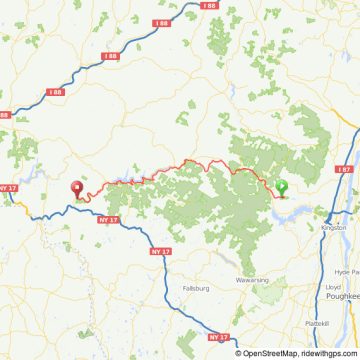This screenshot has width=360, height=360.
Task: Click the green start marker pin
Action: (282, 186)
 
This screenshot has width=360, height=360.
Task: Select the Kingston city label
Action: (334, 228)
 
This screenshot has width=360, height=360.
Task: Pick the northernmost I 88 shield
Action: (208, 6)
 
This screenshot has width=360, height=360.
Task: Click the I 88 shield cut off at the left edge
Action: (4, 115)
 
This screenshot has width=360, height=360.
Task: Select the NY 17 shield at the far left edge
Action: (8, 187)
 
